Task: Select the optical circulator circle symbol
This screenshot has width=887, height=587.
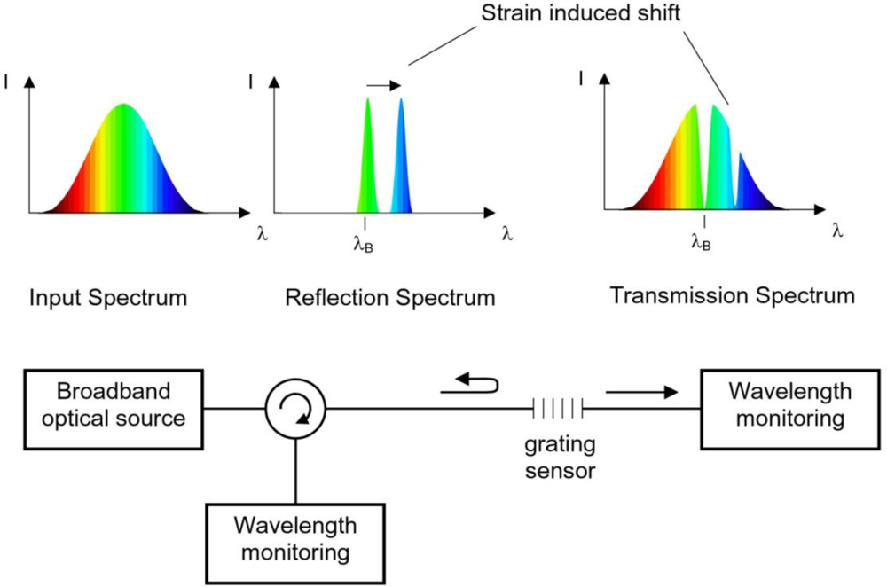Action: tap(296, 408)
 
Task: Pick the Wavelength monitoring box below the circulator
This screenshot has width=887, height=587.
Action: tap(294, 538)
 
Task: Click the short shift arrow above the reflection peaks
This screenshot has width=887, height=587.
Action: tap(383, 86)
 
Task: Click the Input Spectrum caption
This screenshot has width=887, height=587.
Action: tap(108, 297)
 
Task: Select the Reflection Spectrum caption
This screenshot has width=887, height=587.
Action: tap(390, 297)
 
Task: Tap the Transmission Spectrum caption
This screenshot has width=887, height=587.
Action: tap(733, 295)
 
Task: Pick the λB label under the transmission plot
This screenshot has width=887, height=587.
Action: tap(701, 239)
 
